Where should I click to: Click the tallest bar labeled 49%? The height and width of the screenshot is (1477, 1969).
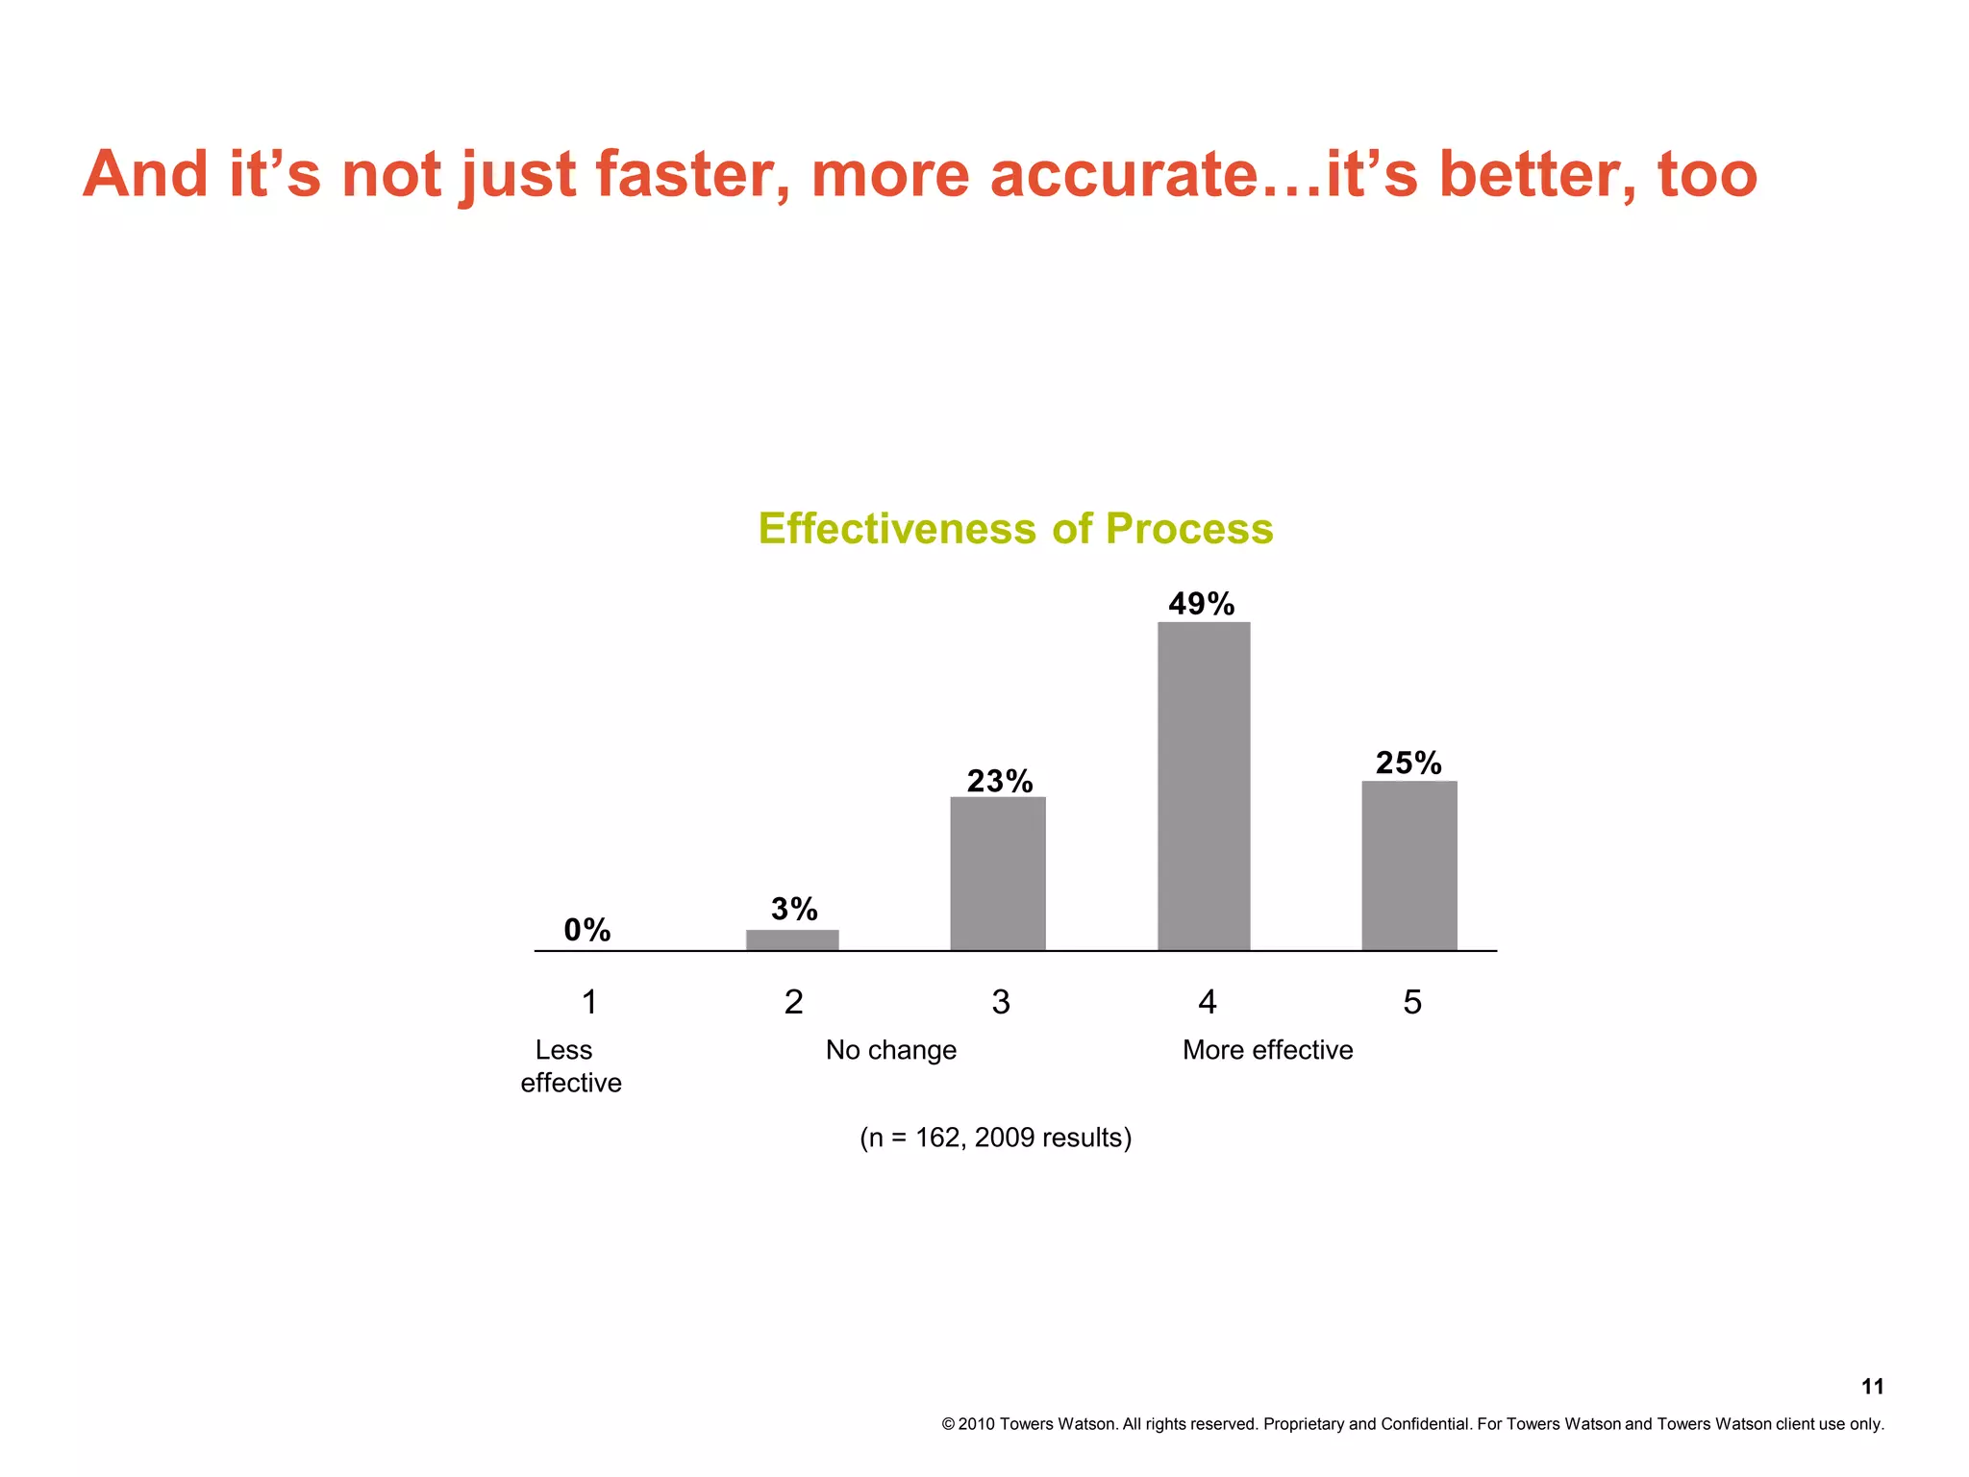click(1204, 787)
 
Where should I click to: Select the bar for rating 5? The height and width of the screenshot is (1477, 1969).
click(1409, 865)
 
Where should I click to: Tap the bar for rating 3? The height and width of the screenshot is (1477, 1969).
click(998, 873)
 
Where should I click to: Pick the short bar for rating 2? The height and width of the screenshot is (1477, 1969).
click(792, 939)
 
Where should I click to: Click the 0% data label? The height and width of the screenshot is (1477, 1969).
click(587, 930)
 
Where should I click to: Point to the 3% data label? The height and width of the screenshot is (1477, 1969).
click(794, 909)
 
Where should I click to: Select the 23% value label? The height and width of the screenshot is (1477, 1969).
click(1000, 781)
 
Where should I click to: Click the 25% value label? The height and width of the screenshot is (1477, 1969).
click(1408, 764)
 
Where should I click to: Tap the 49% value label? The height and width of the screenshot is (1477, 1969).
click(1202, 604)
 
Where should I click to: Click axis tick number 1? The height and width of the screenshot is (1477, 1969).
click(590, 1003)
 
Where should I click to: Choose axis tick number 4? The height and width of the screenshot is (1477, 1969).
click(1208, 1003)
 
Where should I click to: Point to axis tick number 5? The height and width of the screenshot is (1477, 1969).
click(1412, 1003)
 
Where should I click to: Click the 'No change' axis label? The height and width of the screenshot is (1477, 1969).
click(891, 1050)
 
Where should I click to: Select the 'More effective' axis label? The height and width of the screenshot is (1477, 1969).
click(1267, 1050)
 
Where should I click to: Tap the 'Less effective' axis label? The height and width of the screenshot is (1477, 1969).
click(570, 1066)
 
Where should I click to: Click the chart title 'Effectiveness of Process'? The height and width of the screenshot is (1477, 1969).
click(1015, 529)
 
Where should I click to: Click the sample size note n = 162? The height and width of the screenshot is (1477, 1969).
click(995, 1138)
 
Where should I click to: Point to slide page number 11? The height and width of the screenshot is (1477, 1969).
click(1872, 1387)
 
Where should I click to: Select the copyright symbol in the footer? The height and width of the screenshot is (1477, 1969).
click(948, 1424)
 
